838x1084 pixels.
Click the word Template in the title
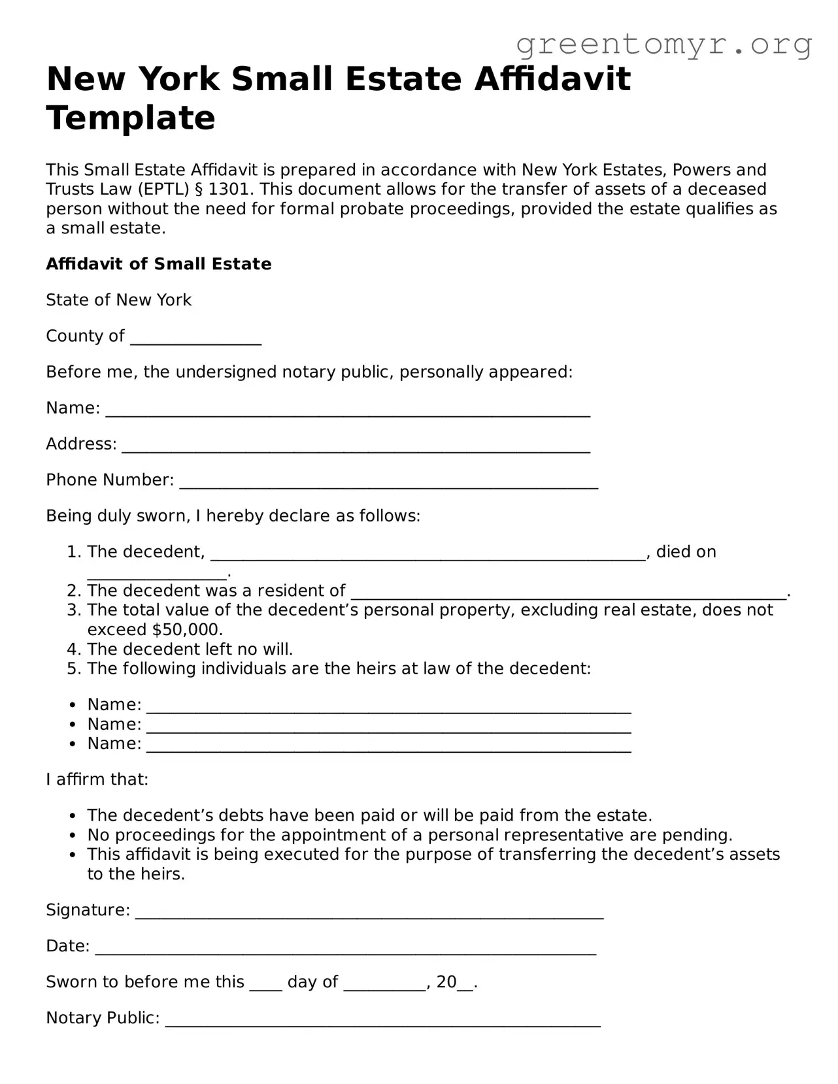coord(131,118)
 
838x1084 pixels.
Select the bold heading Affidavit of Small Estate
coord(158,264)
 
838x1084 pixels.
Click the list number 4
coord(73,649)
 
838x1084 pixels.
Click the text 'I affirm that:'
coord(97,780)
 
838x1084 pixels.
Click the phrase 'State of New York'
coord(118,300)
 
